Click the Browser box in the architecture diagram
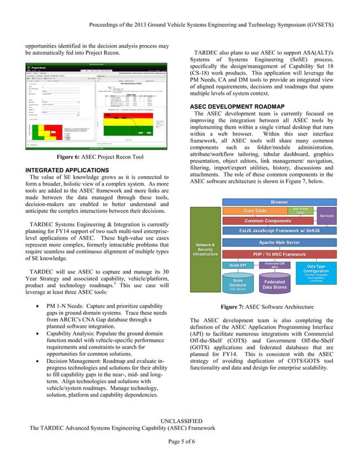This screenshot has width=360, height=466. (x=279, y=202)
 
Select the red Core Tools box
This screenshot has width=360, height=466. (x=255, y=211)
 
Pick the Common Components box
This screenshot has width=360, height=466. (x=267, y=221)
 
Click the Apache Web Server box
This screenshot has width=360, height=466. (x=279, y=243)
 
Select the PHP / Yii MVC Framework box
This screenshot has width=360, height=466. (x=279, y=254)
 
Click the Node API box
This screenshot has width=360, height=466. (x=238, y=265)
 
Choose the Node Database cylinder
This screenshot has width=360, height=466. (x=238, y=285)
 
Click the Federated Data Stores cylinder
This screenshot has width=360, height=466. (x=275, y=285)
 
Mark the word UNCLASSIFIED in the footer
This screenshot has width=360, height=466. (x=180, y=421)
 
